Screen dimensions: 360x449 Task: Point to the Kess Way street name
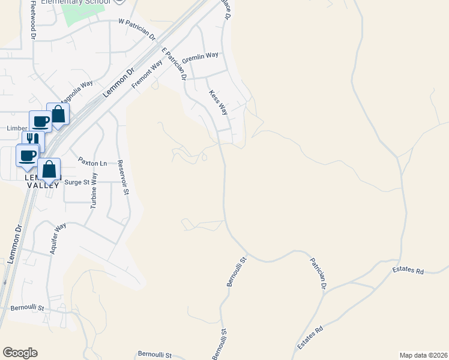pos(218,102)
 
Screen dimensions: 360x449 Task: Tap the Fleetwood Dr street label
pos(34,23)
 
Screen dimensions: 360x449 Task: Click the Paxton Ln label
pos(92,163)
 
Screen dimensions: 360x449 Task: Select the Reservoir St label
pos(124,178)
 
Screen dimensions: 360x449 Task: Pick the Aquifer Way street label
pos(58,239)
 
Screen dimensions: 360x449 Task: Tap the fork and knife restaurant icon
pos(33,142)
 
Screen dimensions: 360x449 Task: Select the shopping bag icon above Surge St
pos(49,169)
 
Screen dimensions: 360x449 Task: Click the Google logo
pos(20,353)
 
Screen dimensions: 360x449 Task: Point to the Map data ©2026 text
pos(423,355)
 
